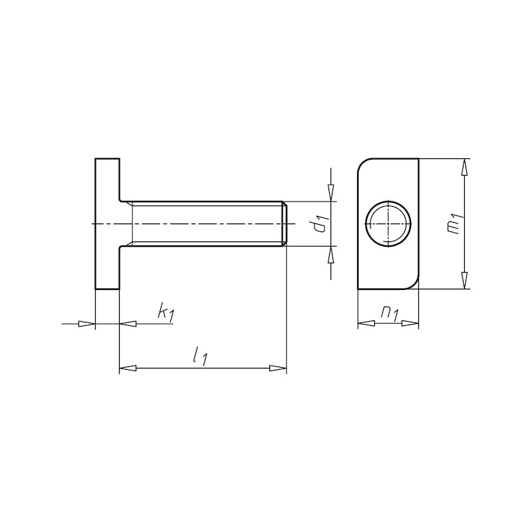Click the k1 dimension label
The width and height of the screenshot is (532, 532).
pyautogui.click(x=166, y=312)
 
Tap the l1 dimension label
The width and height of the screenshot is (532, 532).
pyautogui.click(x=200, y=357)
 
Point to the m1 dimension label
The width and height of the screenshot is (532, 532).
pyautogui.click(x=455, y=223)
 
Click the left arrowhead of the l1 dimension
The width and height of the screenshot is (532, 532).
pyautogui.click(x=128, y=368)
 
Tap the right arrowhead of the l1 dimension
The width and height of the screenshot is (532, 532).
pyautogui.click(x=278, y=368)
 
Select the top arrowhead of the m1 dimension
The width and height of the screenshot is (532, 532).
pyautogui.click(x=465, y=167)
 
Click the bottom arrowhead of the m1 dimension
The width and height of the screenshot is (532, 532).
pyautogui.click(x=465, y=281)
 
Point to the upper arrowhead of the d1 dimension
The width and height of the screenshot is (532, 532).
pyautogui.click(x=331, y=193)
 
